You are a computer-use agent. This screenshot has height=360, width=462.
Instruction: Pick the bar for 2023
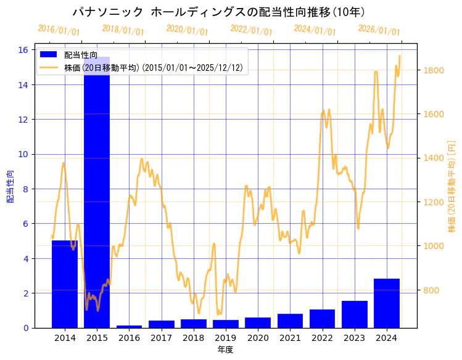pyautogui.click(x=355, y=314)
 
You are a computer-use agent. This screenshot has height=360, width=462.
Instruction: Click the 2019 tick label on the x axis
pyautogui.click(x=226, y=338)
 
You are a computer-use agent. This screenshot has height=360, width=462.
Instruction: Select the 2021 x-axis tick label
pyautogui.click(x=290, y=338)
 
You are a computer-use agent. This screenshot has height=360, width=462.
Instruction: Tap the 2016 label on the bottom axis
pyautogui.click(x=129, y=338)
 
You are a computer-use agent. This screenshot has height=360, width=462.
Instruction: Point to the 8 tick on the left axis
pyautogui.click(x=27, y=189)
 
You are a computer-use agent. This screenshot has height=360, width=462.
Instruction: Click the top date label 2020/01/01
pyautogui.click(x=188, y=30)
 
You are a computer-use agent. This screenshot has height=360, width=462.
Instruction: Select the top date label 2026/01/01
pyautogui.click(x=379, y=30)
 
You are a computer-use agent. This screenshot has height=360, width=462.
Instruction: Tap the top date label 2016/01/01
pyautogui.click(x=59, y=30)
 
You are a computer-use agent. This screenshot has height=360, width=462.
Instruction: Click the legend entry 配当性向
pyautogui.click(x=80, y=55)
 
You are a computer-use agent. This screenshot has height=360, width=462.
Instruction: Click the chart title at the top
pyautogui.click(x=218, y=12)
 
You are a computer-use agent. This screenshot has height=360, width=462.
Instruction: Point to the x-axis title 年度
pyautogui.click(x=226, y=350)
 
